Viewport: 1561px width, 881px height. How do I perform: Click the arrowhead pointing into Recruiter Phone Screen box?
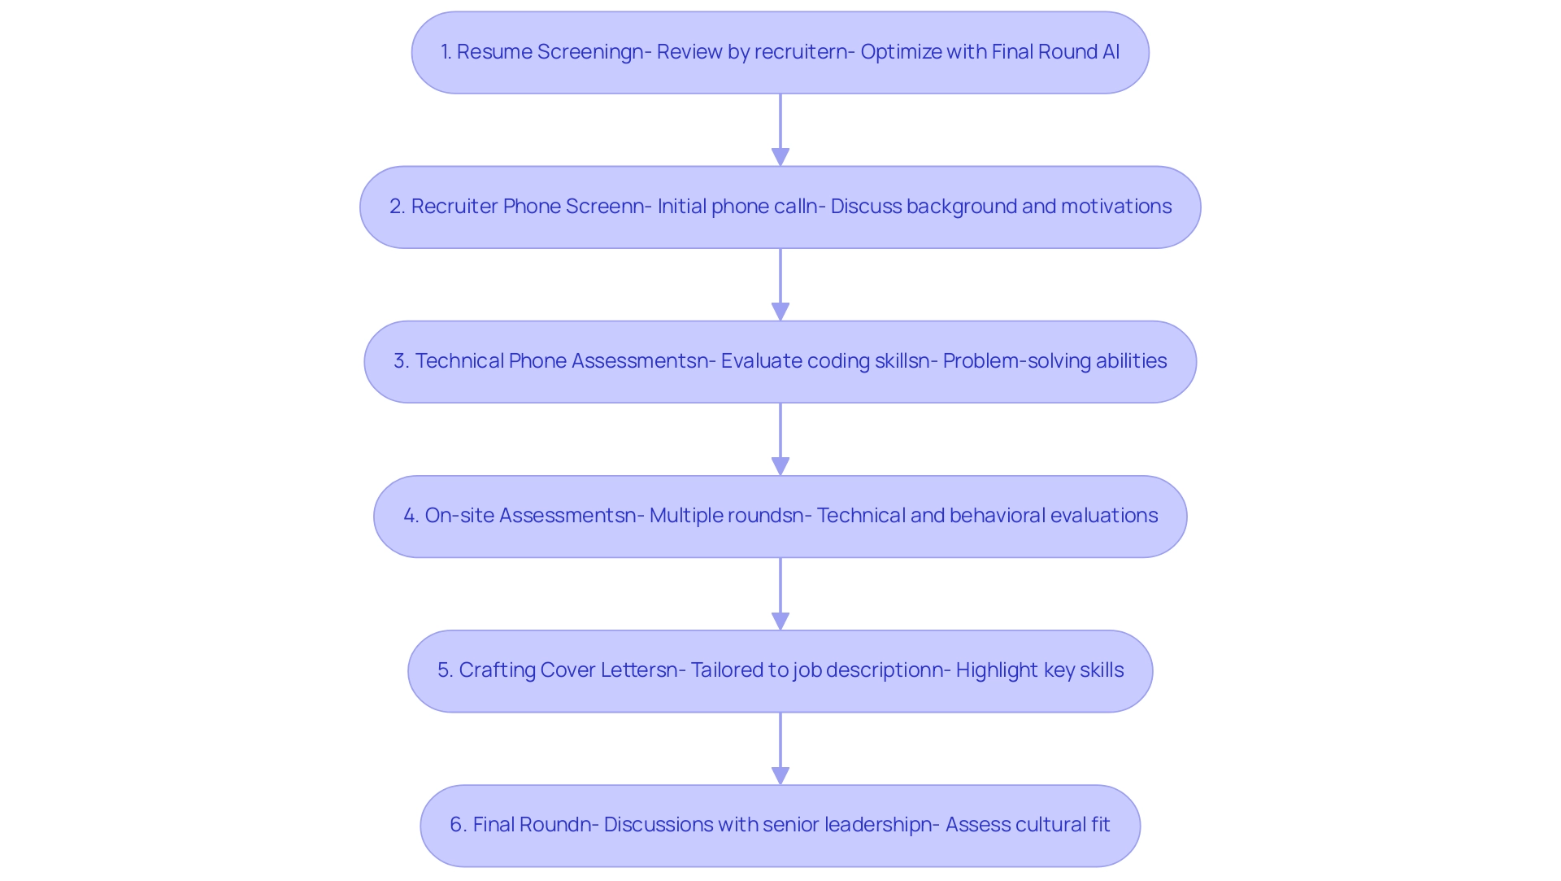pos(780,156)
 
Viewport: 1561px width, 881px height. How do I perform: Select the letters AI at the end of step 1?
pos(1111,52)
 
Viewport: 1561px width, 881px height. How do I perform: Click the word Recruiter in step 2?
pos(454,207)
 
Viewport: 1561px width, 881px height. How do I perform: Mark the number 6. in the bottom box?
pos(459,825)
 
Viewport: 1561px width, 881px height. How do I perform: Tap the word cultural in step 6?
pos(1046,825)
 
